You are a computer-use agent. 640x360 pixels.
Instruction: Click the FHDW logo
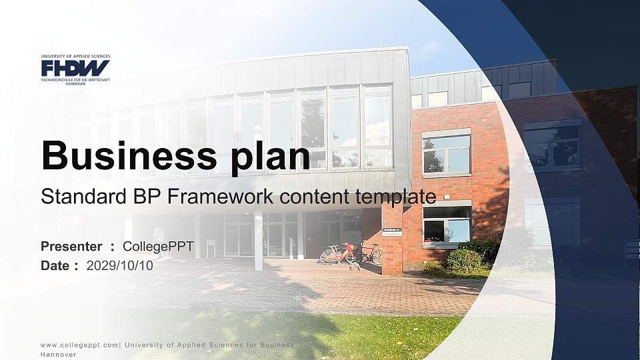point(75,68)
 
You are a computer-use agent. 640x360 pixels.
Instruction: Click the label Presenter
point(71,247)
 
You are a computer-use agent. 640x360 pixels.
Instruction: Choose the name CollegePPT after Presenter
point(159,247)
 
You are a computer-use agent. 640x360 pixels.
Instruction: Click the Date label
point(55,265)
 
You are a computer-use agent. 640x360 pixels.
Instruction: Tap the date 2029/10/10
point(120,265)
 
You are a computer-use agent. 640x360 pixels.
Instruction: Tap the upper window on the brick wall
point(446,153)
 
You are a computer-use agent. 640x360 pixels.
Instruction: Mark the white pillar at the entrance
point(258,240)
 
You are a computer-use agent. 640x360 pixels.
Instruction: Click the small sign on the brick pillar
point(392,233)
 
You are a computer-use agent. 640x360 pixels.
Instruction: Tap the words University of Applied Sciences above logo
point(75,57)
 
